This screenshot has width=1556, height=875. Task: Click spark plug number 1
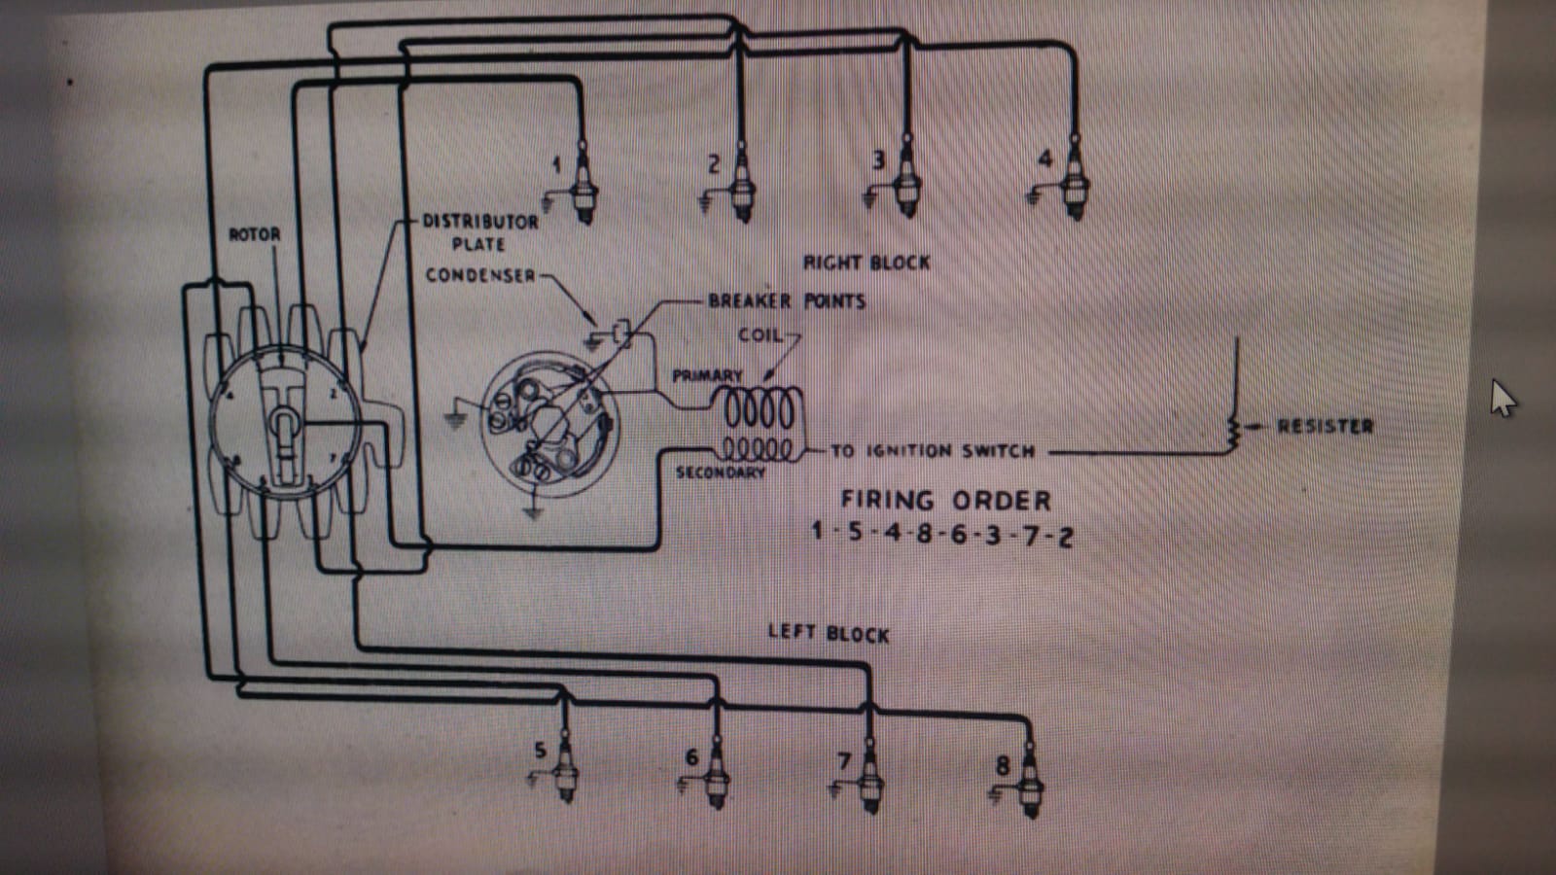click(x=584, y=185)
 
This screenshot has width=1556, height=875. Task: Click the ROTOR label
click(x=254, y=234)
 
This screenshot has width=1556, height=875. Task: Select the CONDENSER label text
click(x=480, y=275)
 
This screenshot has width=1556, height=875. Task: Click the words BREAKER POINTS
click(x=787, y=300)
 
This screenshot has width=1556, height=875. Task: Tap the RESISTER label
click(x=1325, y=426)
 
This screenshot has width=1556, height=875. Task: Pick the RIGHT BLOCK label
click(x=866, y=262)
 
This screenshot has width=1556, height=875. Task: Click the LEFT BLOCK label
click(x=829, y=633)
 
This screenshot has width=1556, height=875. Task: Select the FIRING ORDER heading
click(x=945, y=501)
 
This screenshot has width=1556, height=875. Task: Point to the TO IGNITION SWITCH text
click(x=933, y=451)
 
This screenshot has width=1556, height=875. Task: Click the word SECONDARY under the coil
click(x=721, y=472)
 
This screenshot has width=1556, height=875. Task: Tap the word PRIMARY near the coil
click(x=707, y=375)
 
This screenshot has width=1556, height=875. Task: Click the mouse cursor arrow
click(x=1502, y=398)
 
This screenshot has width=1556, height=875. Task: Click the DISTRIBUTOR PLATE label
click(x=479, y=232)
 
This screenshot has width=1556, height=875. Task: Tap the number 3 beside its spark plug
click(x=878, y=159)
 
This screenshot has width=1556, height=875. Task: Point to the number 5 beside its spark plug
click(x=541, y=750)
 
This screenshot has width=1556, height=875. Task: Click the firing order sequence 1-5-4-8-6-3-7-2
click(x=942, y=534)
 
